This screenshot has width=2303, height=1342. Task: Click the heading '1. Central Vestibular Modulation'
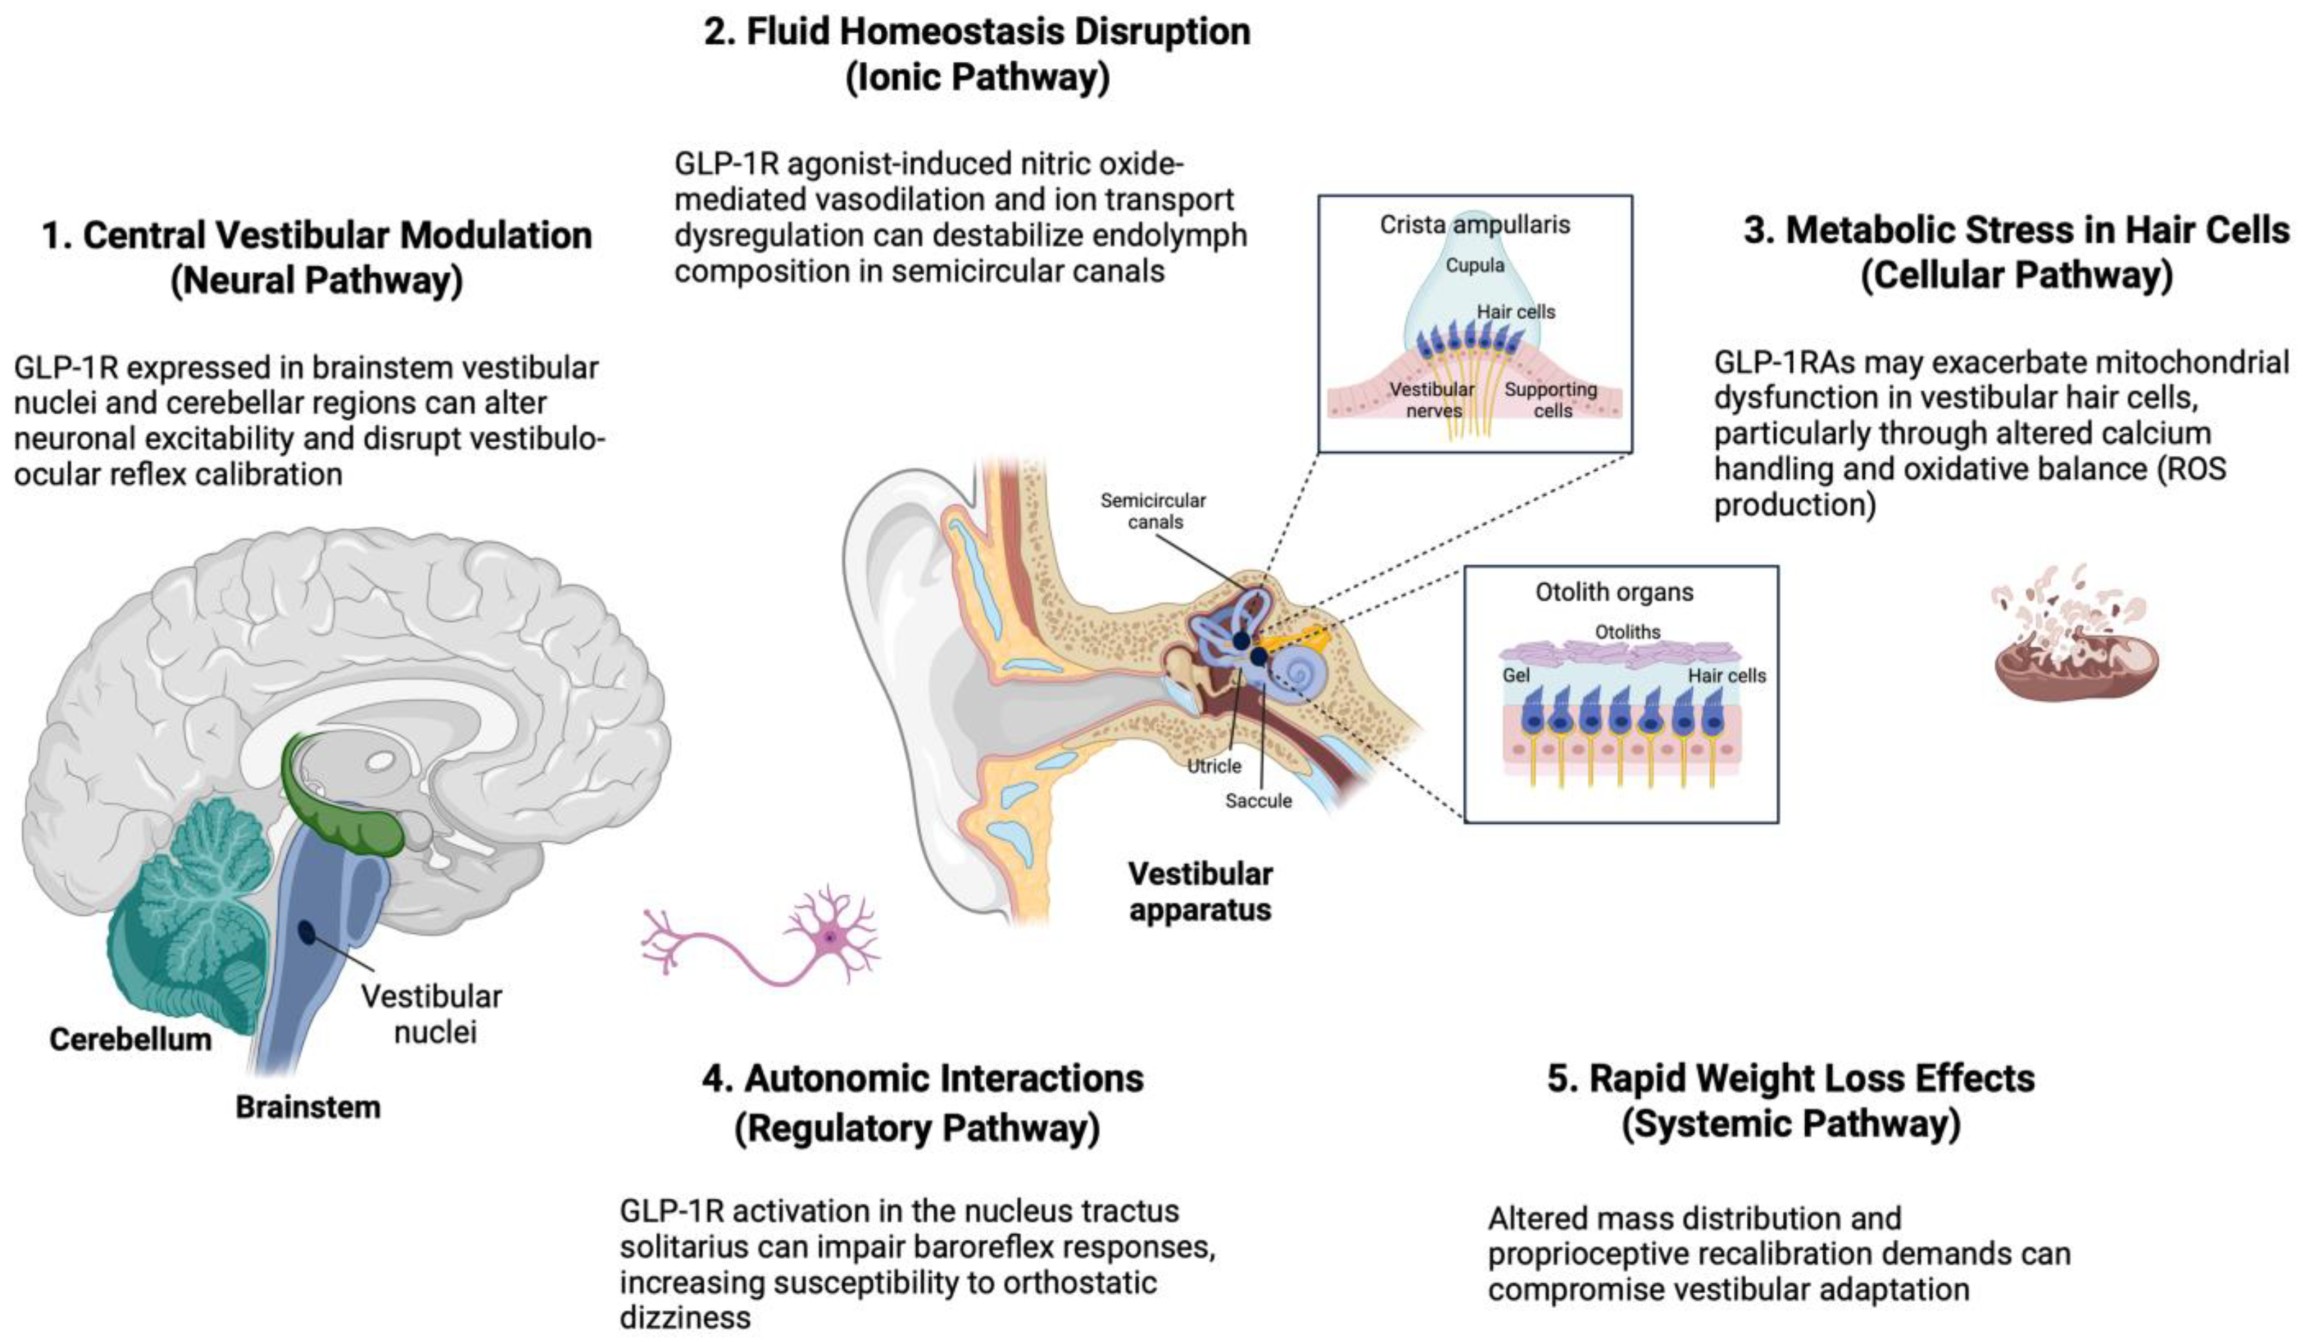click(x=317, y=236)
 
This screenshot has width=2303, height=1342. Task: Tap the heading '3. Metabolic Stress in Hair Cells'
click(x=2015, y=230)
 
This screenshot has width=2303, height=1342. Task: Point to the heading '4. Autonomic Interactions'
click(x=922, y=1079)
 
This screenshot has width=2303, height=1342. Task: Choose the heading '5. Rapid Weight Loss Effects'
click(x=1790, y=1079)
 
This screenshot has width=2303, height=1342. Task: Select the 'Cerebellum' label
click(x=130, y=1039)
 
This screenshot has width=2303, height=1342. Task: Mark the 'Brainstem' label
click(x=308, y=1107)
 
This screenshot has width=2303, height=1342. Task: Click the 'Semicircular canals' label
click(x=1153, y=511)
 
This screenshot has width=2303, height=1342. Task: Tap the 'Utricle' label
click(x=1214, y=766)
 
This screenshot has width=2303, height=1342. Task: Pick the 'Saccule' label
click(x=1258, y=801)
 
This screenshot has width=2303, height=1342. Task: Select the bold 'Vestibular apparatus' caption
click(x=1200, y=892)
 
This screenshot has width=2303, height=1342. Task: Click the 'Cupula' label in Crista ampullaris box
click(x=1474, y=265)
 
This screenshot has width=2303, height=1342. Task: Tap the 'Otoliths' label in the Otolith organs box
click(x=1627, y=632)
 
